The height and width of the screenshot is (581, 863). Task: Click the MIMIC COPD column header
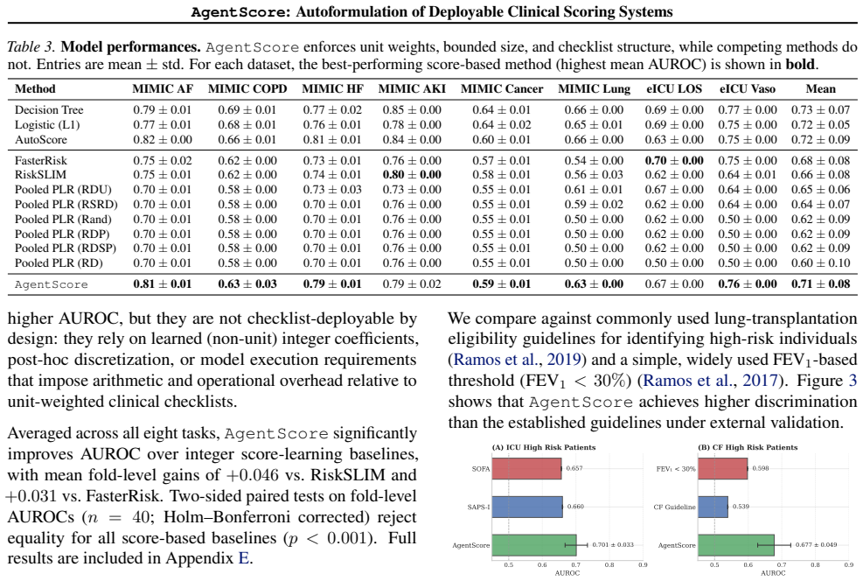click(x=247, y=88)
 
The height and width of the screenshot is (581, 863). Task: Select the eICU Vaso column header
click(x=747, y=88)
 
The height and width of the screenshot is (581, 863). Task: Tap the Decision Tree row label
click(x=49, y=110)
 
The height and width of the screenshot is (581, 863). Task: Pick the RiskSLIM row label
click(x=40, y=175)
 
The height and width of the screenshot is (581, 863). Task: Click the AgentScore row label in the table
click(x=52, y=284)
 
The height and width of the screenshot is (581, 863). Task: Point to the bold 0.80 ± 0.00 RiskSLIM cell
click(x=412, y=175)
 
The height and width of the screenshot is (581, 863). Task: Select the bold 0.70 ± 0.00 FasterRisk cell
click(x=674, y=161)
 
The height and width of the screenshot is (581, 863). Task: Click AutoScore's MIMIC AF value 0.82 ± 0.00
click(x=163, y=140)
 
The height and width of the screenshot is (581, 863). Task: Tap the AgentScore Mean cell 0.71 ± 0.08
click(x=821, y=284)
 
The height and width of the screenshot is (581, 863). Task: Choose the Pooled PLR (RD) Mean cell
click(x=821, y=263)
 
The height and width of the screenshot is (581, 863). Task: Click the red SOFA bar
click(x=526, y=469)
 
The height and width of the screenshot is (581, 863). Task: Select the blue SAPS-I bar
click(x=527, y=507)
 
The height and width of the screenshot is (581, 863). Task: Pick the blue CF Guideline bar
click(x=713, y=507)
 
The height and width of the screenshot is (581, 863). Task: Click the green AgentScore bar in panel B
click(x=736, y=545)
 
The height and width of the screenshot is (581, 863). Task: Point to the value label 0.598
click(x=761, y=469)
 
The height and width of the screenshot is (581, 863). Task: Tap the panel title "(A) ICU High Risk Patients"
click(x=543, y=447)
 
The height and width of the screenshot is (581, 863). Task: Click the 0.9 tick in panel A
click(x=643, y=565)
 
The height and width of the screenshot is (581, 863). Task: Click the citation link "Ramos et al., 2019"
click(x=516, y=360)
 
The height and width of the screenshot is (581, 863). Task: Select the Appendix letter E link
click(x=243, y=558)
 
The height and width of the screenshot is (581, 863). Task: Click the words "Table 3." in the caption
click(x=31, y=47)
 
